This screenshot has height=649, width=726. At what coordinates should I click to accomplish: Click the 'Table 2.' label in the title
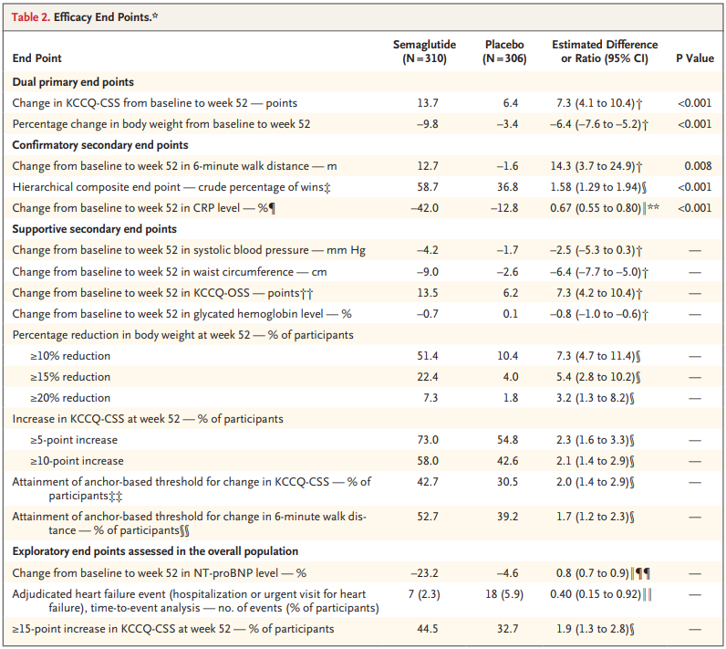pos(31,17)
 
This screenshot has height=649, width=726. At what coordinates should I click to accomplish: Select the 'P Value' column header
pos(694,58)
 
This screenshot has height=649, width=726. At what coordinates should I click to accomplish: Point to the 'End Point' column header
pos(37,58)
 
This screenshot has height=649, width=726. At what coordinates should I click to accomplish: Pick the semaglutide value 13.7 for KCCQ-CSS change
pos(427,103)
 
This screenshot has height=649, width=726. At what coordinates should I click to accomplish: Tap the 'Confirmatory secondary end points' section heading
pos(100,145)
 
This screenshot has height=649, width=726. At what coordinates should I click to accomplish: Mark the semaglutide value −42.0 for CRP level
pos(427,207)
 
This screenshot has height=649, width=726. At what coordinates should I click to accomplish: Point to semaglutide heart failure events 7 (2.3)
pos(427,593)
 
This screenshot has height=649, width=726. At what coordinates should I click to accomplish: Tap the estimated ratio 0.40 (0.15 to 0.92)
pos(598,593)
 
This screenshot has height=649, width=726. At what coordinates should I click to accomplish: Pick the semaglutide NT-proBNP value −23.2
pos(427,572)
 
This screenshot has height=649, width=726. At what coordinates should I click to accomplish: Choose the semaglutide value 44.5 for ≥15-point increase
pos(427,629)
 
